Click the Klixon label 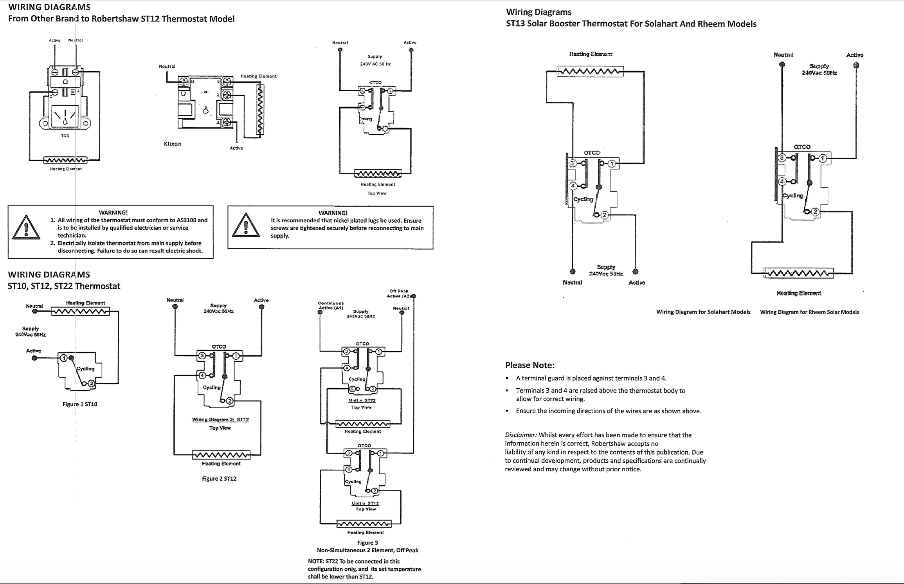(x=173, y=144)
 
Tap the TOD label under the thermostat (x=65, y=136)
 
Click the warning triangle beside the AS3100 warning (x=26, y=227)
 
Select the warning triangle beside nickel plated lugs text (x=246, y=226)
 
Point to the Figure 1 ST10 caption (x=80, y=404)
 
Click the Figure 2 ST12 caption (x=219, y=478)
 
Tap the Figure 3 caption (x=367, y=543)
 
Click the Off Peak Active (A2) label (x=399, y=294)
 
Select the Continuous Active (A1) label (x=331, y=305)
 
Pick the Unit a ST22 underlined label (x=362, y=400)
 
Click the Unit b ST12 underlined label (x=365, y=503)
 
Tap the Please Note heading (x=529, y=365)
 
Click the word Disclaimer (x=520, y=435)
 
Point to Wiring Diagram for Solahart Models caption (x=703, y=312)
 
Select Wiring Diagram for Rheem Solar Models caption (x=809, y=312)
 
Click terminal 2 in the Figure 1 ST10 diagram (x=91, y=384)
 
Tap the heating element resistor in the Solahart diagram (x=590, y=72)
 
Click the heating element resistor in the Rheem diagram (x=798, y=273)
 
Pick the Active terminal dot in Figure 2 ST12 (x=262, y=307)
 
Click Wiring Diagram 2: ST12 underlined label (x=220, y=420)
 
